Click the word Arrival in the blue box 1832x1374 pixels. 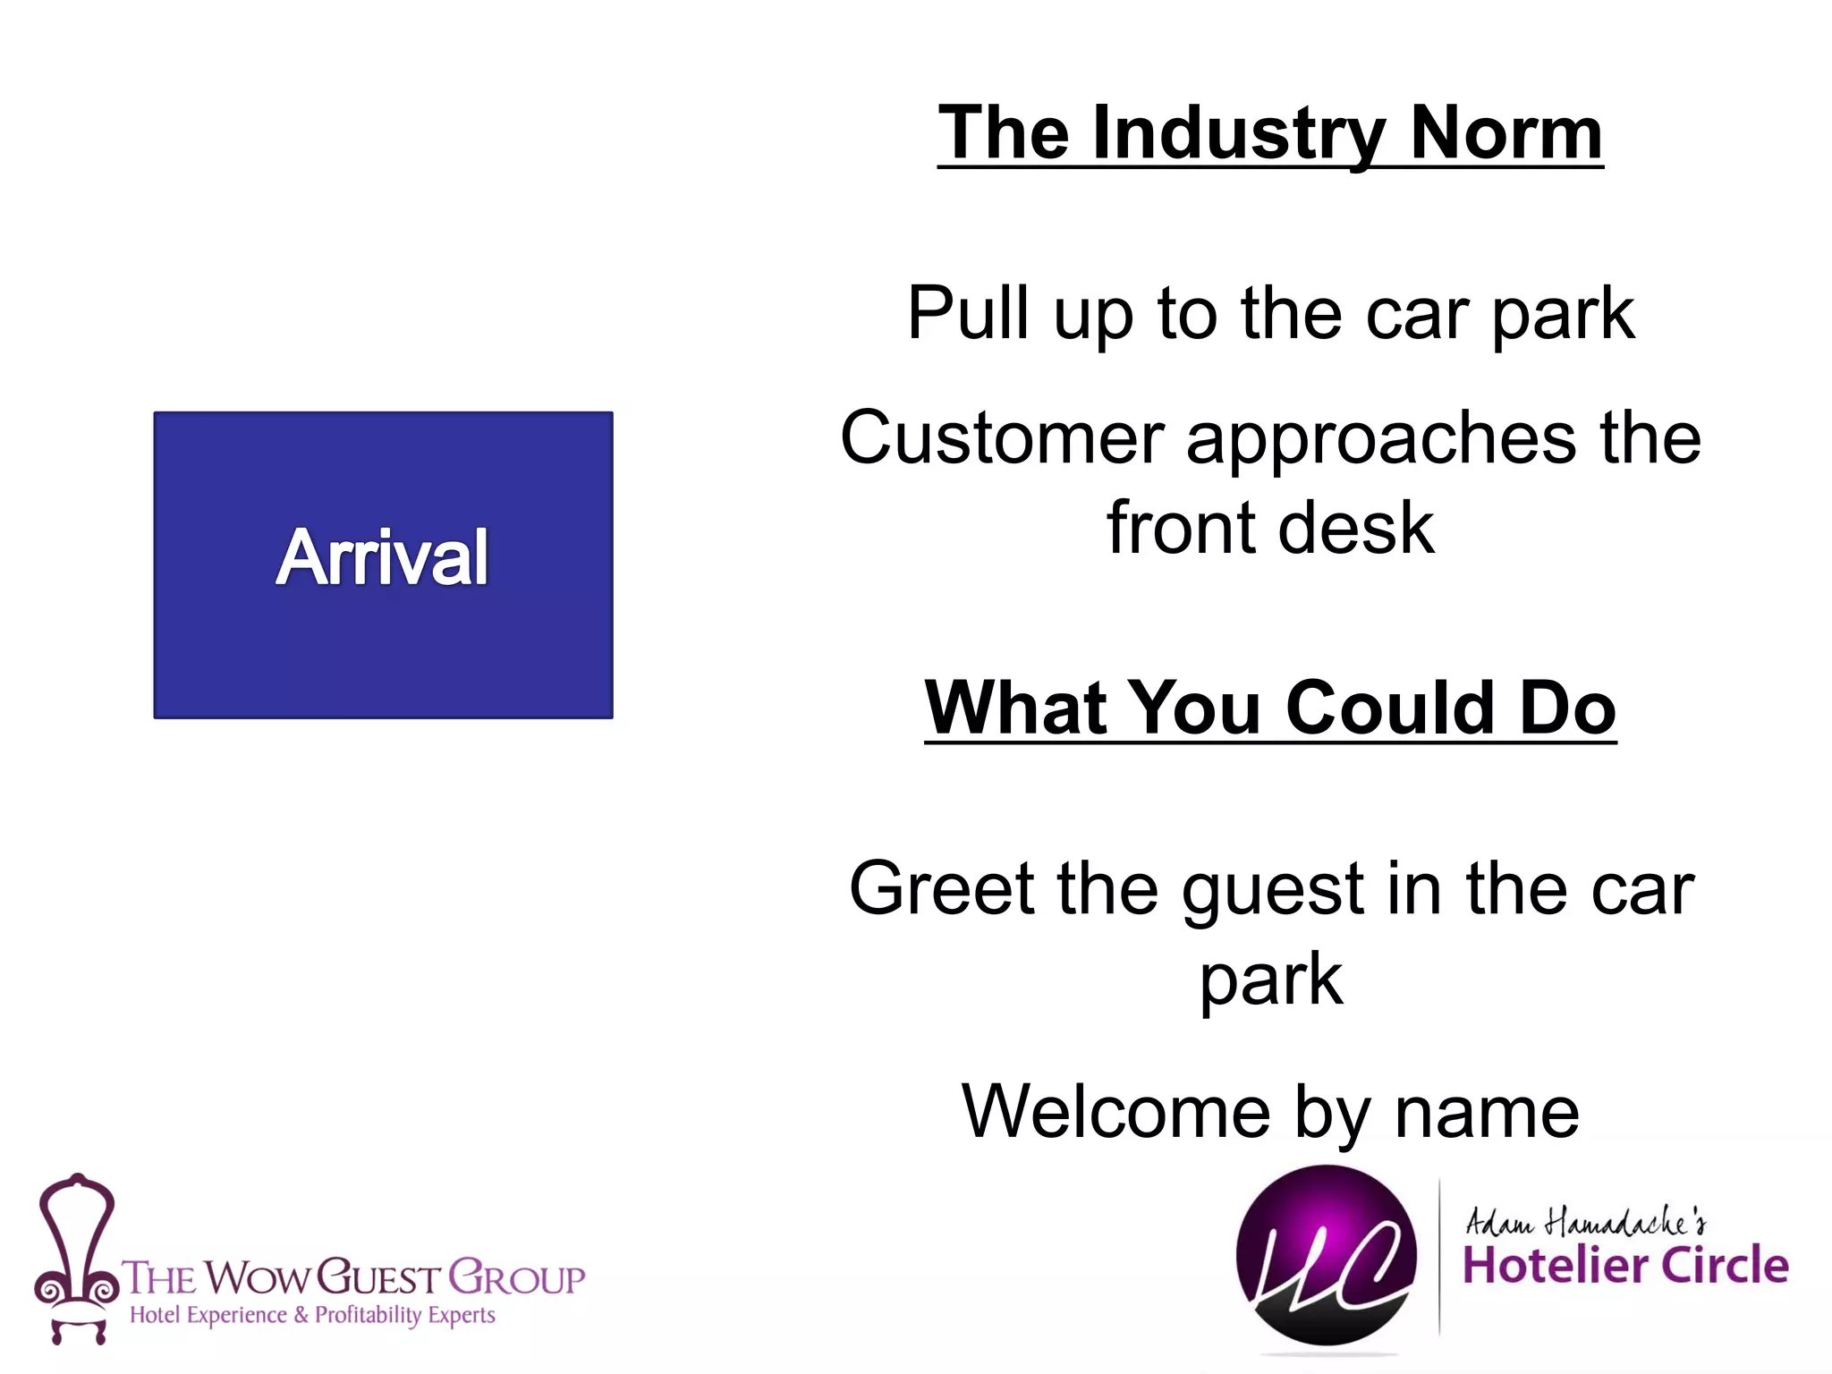(382, 557)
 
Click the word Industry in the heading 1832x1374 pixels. (1238, 133)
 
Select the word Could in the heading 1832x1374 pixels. (1389, 708)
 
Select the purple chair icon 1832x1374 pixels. (75, 1256)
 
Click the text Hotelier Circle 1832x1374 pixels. (1624, 1265)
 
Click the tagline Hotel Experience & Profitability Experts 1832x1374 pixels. (312, 1315)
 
